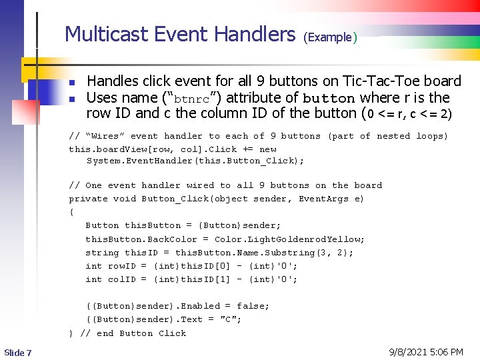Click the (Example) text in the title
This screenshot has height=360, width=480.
(330, 37)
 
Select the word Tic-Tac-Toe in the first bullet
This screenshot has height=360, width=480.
(383, 81)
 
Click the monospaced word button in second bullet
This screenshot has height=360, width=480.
(329, 98)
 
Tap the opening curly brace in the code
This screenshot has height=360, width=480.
(71, 212)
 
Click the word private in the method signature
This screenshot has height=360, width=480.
(88, 199)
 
